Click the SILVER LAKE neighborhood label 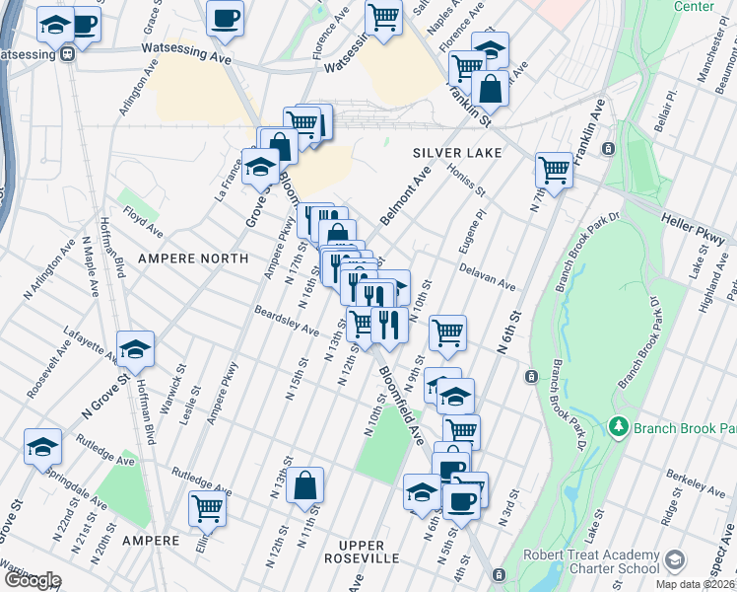point(457,153)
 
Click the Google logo point(32,580)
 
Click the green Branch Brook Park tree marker point(619,427)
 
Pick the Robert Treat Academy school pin point(674,561)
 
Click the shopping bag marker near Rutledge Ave point(305,485)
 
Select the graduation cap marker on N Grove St point(135,348)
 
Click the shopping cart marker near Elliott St point(208,509)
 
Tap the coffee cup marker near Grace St point(226,18)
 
